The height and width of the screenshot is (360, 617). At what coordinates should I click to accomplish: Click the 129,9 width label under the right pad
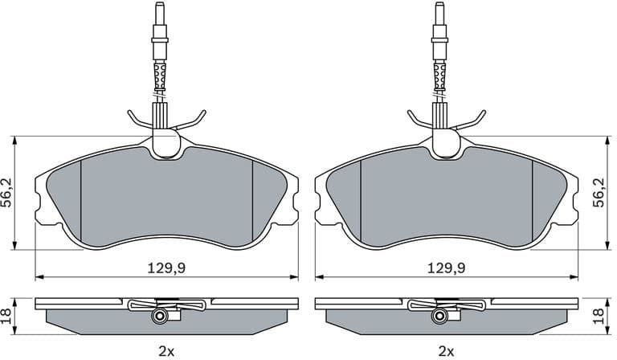tap(446, 267)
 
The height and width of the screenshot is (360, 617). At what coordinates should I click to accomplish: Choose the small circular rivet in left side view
tap(161, 317)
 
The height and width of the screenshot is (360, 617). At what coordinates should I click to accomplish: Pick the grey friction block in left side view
tap(96, 321)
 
